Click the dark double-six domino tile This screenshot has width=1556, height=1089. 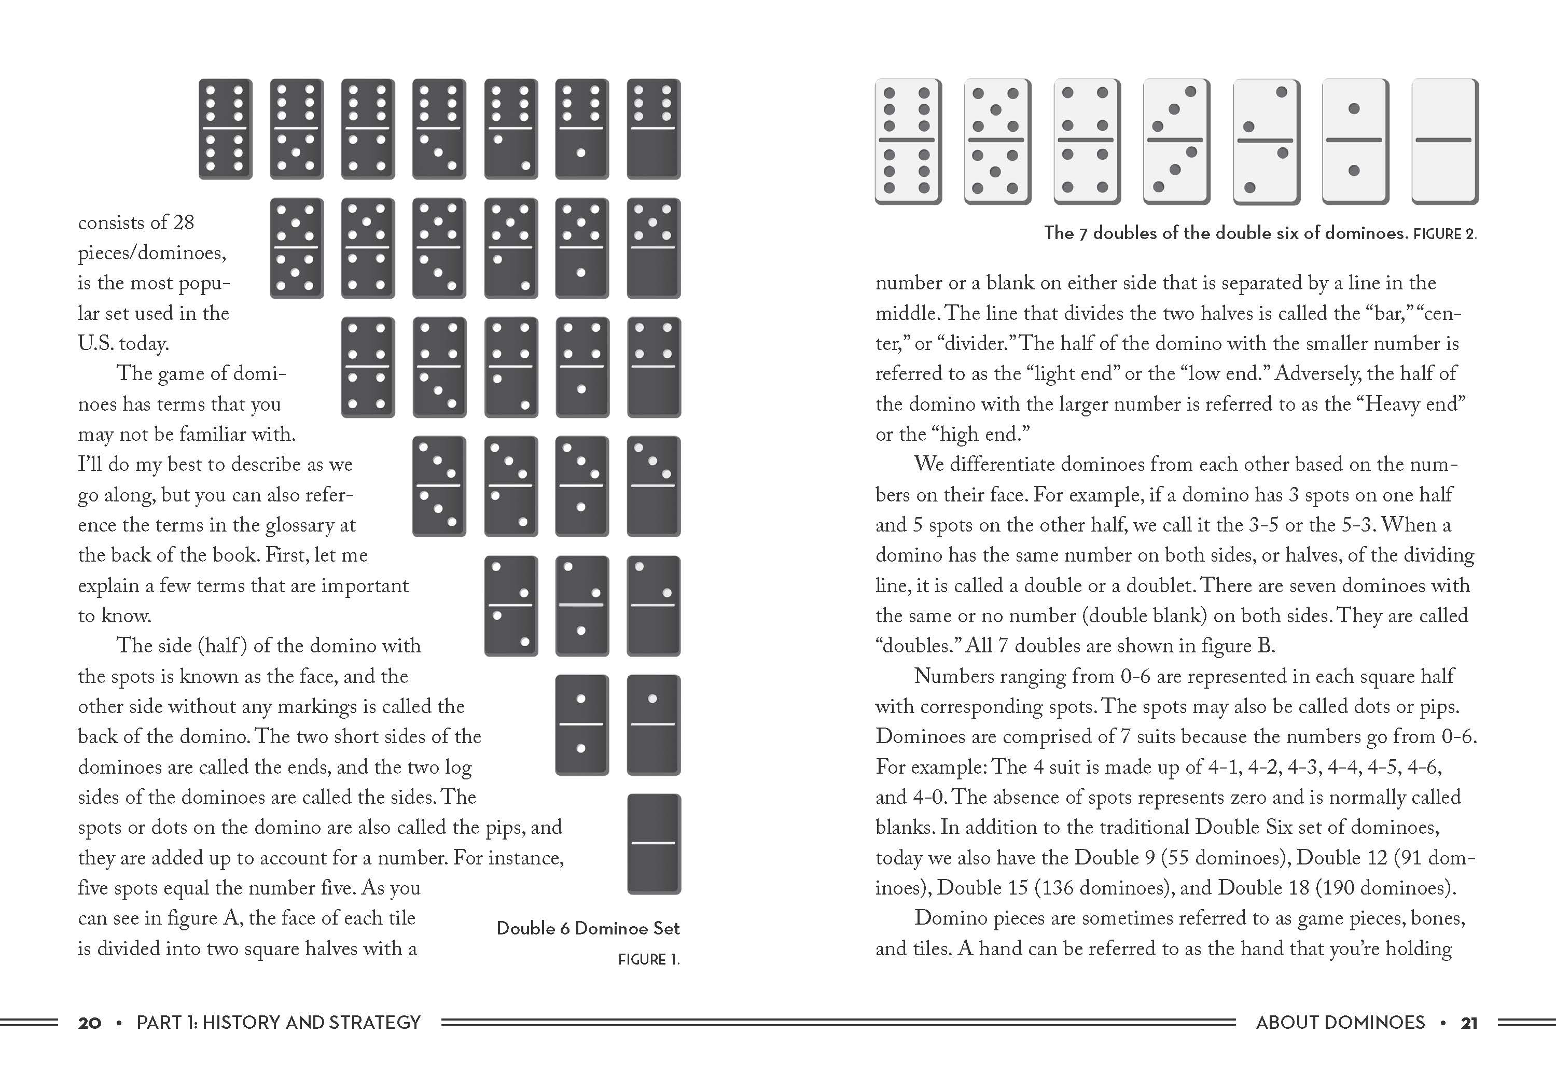[x=225, y=129]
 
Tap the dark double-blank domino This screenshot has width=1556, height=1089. [x=654, y=844]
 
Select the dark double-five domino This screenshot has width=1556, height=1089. [x=296, y=248]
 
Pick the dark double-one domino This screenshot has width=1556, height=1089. [x=581, y=724]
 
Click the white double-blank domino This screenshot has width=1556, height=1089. [x=1444, y=141]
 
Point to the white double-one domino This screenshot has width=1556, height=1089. [x=1355, y=141]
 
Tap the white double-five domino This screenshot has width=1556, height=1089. [x=997, y=141]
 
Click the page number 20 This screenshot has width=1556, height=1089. [x=89, y=1023]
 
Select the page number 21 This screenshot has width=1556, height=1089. [x=1468, y=1023]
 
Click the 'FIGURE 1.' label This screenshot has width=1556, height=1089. [x=648, y=959]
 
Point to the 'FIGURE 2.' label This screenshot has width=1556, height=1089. [x=1444, y=234]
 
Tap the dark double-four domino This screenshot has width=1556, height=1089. [x=367, y=367]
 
